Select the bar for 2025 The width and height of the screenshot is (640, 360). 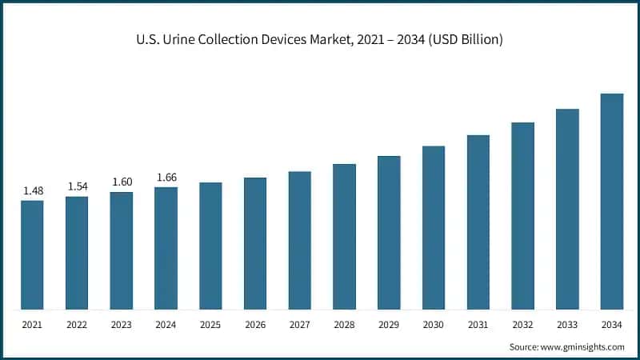click(210, 246)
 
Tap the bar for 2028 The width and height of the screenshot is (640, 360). click(344, 237)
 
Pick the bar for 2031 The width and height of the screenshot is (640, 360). click(478, 222)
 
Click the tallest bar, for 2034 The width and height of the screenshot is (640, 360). click(612, 202)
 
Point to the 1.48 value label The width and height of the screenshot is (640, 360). click(32, 190)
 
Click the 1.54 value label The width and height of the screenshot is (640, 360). click(77, 186)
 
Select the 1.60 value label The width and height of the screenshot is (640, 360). click(122, 182)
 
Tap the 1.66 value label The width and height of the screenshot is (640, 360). click(166, 177)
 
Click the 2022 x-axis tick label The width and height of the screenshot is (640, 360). click(77, 326)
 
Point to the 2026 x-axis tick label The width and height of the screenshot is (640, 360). click(255, 326)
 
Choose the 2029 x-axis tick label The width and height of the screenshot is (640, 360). click(389, 326)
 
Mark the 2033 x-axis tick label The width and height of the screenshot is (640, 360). click(567, 326)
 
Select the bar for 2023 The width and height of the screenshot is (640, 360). click(122, 250)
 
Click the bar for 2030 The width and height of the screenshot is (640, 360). click(434, 228)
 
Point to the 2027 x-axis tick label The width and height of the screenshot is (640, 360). click(299, 326)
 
